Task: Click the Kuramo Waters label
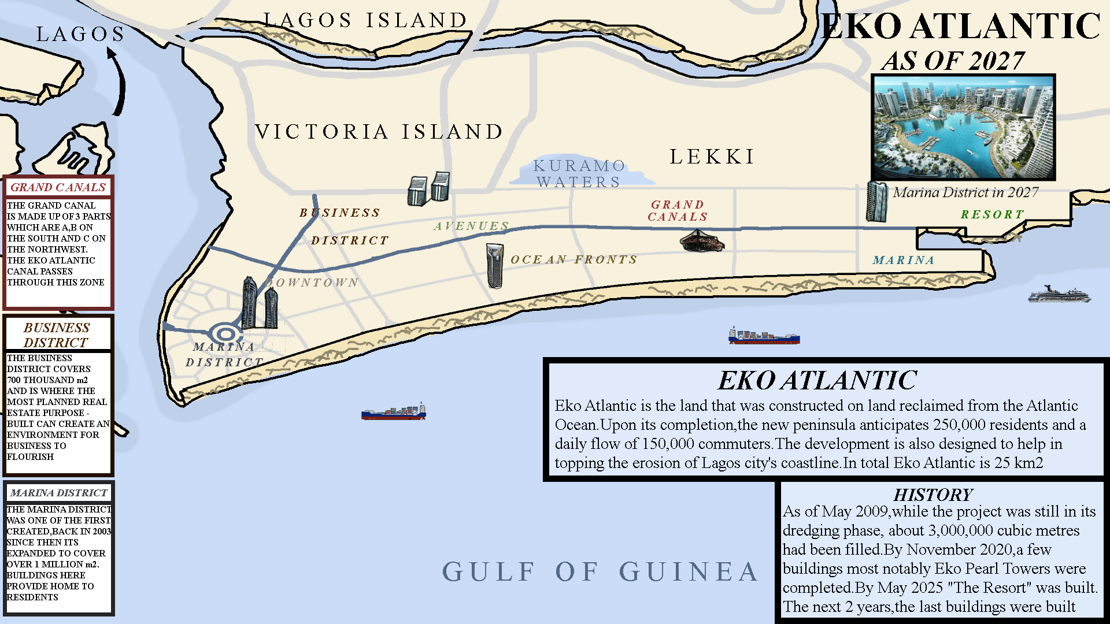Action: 579,174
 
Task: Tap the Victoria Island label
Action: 379,132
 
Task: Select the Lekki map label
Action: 712,157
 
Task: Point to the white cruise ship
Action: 1059,295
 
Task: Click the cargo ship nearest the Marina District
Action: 394,412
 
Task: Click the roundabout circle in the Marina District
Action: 225,334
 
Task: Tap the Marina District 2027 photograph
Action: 963,127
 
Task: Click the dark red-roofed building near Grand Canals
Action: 701,241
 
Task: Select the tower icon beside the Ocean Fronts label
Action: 495,265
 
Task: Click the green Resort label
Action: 992,214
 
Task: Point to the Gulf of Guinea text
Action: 600,572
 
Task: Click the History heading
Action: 933,495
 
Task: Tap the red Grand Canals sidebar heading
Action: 58,187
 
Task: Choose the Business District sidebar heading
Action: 57,335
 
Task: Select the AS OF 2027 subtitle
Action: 952,61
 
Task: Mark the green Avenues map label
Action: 471,226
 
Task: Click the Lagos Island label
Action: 365,20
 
